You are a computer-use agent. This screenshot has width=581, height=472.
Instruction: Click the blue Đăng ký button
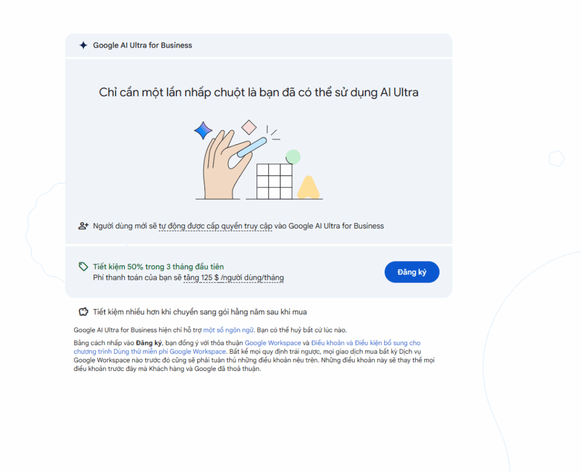(x=412, y=272)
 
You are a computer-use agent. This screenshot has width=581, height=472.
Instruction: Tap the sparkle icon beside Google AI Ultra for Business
(x=83, y=45)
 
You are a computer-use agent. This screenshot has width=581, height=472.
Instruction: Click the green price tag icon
(x=83, y=267)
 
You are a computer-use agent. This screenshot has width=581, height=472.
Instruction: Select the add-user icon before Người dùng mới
(x=83, y=226)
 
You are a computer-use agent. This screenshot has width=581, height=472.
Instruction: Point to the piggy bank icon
(x=83, y=311)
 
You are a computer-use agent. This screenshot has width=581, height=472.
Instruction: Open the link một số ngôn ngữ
(x=228, y=330)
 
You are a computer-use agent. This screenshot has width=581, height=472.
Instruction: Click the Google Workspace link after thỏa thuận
(x=273, y=343)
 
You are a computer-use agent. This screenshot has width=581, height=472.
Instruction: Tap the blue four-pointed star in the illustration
(x=203, y=130)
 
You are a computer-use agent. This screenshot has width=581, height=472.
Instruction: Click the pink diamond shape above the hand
(x=249, y=127)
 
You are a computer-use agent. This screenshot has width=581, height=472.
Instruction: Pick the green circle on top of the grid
(x=293, y=157)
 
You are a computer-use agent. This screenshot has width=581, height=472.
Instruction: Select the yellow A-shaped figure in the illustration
(x=308, y=188)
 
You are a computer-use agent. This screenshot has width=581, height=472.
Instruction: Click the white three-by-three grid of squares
(x=275, y=182)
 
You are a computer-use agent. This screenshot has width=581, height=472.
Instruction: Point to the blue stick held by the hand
(x=252, y=147)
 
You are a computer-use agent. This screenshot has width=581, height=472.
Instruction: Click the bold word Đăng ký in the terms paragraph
(x=149, y=343)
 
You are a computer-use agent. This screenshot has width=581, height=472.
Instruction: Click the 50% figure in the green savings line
(x=135, y=267)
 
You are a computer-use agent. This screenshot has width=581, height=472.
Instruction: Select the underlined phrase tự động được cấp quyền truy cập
(x=215, y=226)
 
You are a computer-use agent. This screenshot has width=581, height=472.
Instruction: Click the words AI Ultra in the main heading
(x=399, y=92)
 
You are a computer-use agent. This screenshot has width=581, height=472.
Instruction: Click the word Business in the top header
(x=176, y=45)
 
